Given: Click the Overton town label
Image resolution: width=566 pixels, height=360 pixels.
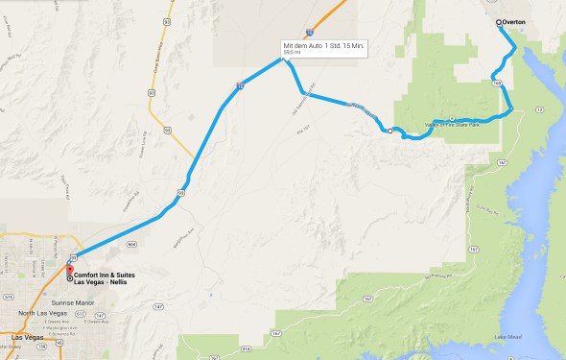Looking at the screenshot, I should (516, 24).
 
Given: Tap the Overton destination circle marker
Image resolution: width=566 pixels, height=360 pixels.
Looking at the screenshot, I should (499, 22).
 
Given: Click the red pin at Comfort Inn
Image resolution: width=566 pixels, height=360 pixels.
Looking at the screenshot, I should (69, 269).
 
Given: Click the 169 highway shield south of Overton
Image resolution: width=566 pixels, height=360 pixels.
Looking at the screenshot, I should (496, 84).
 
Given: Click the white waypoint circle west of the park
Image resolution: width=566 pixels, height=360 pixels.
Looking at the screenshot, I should (389, 131).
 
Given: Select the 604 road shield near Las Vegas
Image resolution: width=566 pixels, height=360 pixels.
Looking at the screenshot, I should (131, 245).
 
